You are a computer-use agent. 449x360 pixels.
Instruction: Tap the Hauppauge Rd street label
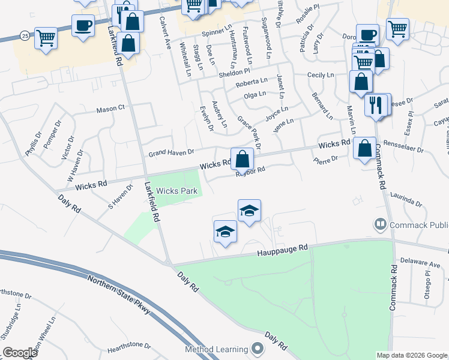pos(283,249)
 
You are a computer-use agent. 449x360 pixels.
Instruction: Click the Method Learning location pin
pos(258,349)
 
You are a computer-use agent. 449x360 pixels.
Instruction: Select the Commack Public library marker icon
pos(380,225)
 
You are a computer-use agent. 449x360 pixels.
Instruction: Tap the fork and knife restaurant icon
pos(375,105)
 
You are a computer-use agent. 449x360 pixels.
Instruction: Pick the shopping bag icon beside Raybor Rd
pos(242,159)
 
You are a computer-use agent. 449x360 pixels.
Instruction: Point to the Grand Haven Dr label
pos(172,153)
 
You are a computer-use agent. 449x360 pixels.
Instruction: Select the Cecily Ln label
pos(320,75)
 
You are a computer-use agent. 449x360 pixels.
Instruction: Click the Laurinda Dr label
pos(406,199)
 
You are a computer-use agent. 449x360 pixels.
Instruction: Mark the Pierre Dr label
pos(326,158)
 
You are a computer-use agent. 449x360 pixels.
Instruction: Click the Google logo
pos(19,352)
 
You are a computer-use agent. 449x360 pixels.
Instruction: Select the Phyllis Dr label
pos(31,147)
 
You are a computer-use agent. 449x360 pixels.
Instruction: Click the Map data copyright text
pos(412,355)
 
